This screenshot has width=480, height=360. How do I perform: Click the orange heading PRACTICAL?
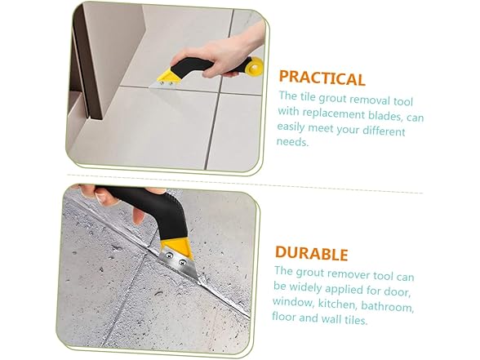pyautogui.click(x=322, y=78)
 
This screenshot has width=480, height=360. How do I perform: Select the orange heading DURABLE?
pyautogui.click(x=311, y=253)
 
